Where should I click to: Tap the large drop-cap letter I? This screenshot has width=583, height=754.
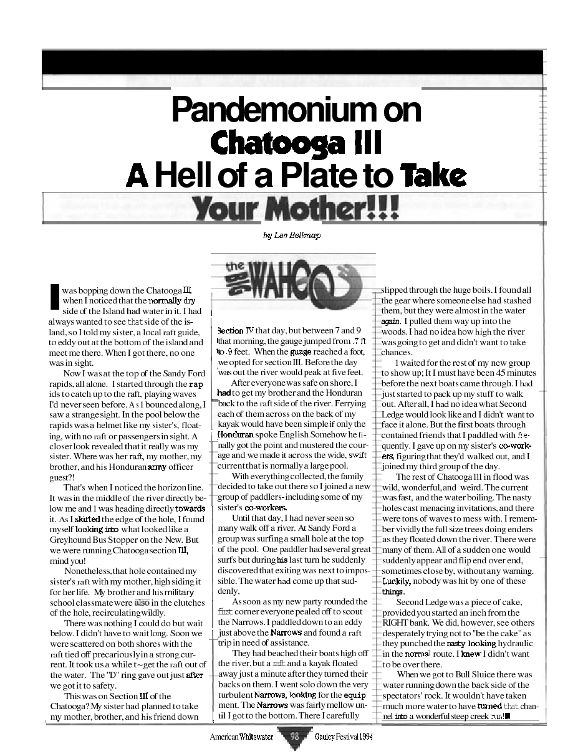54,296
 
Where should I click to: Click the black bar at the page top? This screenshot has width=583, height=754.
291,62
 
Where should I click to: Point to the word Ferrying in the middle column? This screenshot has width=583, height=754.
354,403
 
